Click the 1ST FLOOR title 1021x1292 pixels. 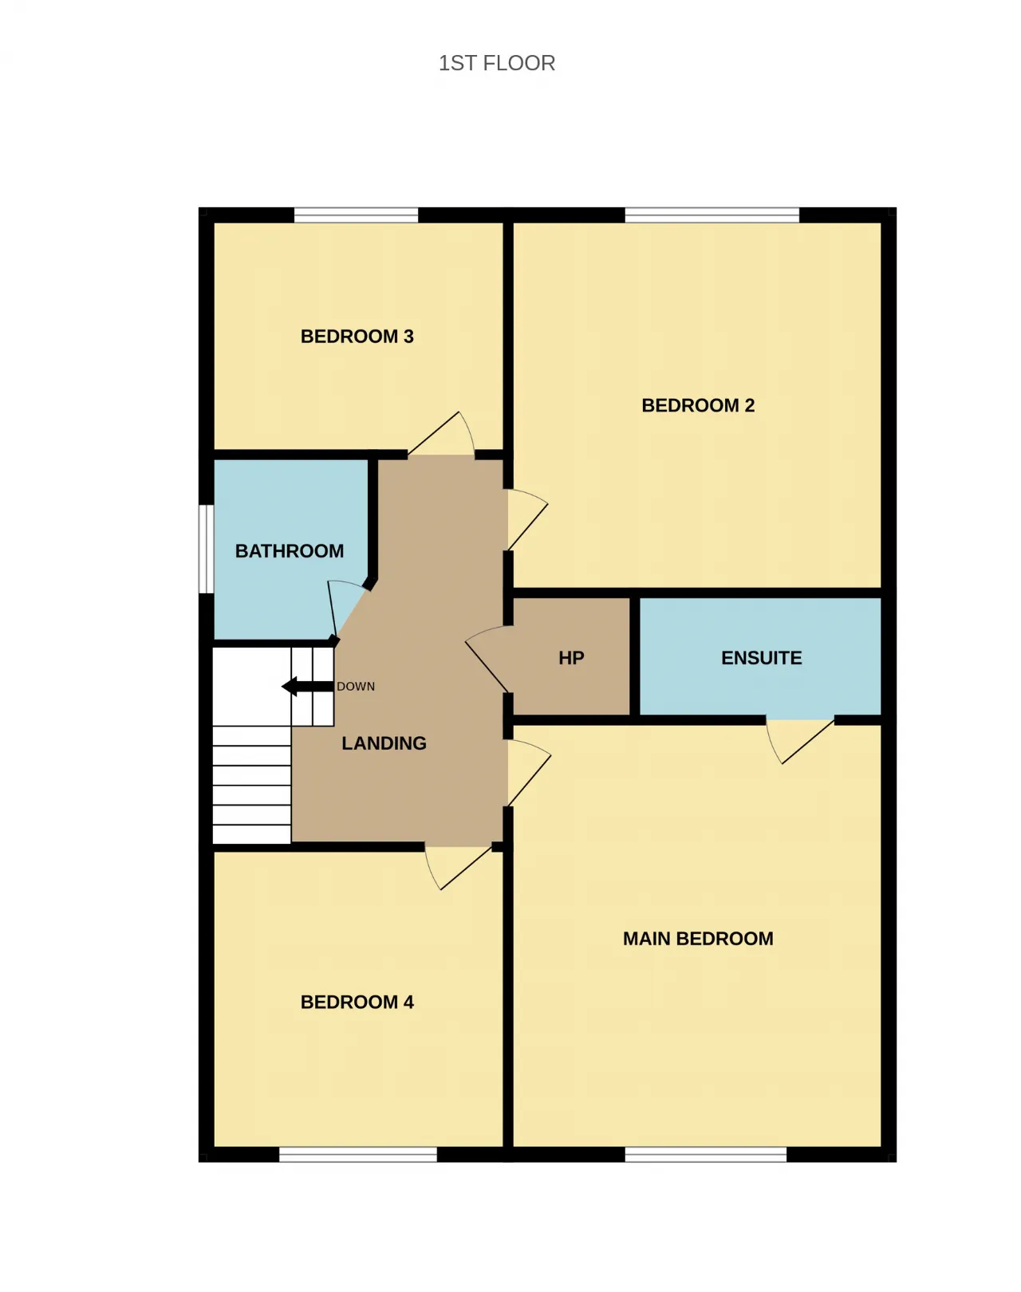point(497,63)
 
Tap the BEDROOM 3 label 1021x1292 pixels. point(357,337)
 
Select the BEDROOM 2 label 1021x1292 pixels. point(698,405)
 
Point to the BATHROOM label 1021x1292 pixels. point(290,550)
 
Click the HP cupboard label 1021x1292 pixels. point(571,658)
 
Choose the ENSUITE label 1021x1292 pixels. point(762,658)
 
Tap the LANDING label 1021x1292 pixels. point(384,743)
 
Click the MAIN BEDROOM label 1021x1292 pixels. point(698,939)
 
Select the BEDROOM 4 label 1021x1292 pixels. point(357,1002)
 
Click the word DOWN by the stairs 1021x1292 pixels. point(356,686)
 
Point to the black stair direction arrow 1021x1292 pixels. point(308,686)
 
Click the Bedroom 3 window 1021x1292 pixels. point(356,215)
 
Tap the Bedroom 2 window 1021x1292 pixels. point(712,215)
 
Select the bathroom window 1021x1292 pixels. point(206,549)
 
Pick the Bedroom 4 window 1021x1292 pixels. point(358,1155)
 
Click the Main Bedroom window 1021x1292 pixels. point(706,1155)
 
